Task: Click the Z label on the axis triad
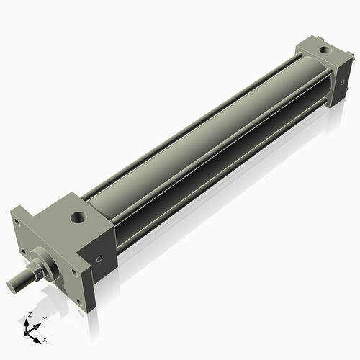30,315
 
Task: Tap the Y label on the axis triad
45,319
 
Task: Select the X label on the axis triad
45,340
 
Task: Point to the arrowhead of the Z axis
27,323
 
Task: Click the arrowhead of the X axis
37,341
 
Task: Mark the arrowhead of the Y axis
37,326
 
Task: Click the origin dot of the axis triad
26,333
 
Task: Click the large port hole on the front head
78,217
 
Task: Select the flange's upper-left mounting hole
17,221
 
